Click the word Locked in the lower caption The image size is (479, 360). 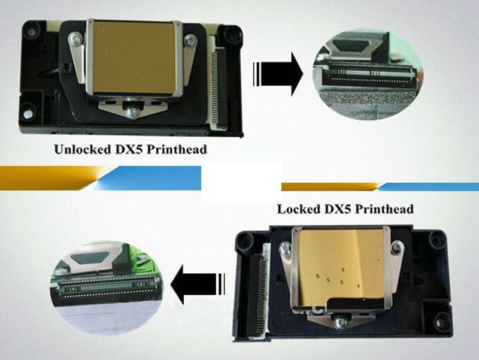[x=298, y=209]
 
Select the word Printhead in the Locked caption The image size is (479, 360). [x=384, y=209]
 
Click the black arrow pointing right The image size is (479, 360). [x=278, y=74]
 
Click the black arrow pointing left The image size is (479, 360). [x=198, y=285]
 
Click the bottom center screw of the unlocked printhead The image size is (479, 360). [x=131, y=112]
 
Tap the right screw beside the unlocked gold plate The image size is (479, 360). [x=190, y=41]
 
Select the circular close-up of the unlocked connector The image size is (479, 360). [x=368, y=74]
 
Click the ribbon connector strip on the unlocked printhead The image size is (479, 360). [x=219, y=86]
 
